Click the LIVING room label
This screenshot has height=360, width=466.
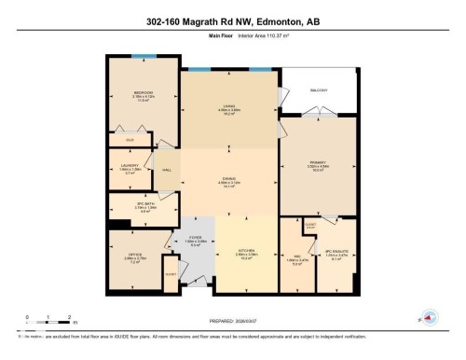[228, 108]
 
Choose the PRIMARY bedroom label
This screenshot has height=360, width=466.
[318, 166]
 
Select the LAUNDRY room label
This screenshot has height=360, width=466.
[130, 168]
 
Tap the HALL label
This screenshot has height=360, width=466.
[165, 170]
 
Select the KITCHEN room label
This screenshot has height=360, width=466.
[247, 254]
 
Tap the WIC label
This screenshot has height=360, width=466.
[296, 258]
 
